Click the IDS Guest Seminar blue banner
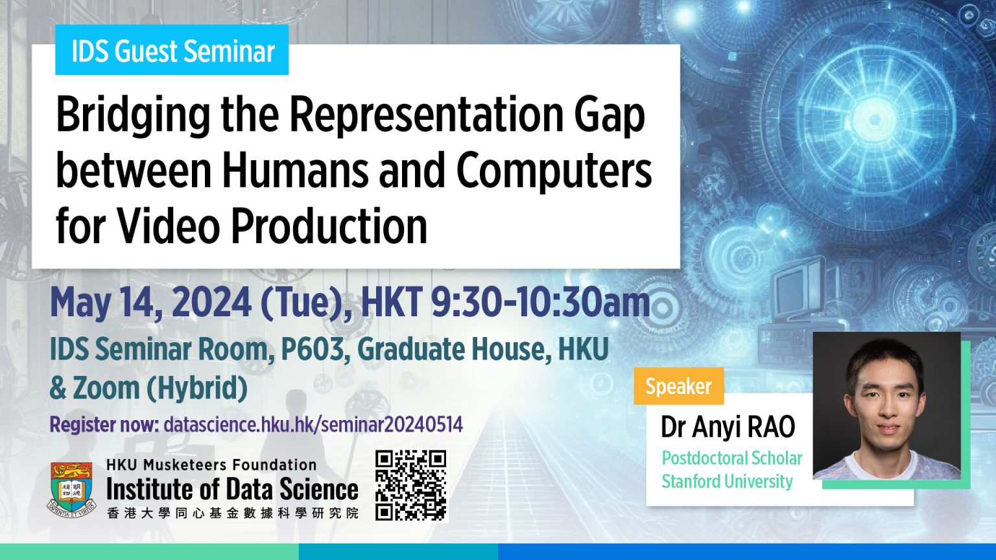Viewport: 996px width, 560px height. click(x=172, y=51)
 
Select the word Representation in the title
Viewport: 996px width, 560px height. click(x=426, y=114)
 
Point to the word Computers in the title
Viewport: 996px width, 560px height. click(x=554, y=170)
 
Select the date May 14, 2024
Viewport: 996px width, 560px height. click(x=150, y=303)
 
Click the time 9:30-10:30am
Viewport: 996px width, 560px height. click(x=540, y=303)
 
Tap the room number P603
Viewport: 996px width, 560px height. click(x=312, y=349)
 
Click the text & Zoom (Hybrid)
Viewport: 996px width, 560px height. click(x=148, y=388)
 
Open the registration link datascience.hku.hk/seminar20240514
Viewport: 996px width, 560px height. click(x=313, y=425)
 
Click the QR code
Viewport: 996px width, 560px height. click(x=411, y=485)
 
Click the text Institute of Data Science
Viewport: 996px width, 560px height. click(x=231, y=489)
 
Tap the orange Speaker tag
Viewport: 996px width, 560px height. click(x=678, y=386)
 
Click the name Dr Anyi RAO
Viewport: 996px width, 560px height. click(x=728, y=427)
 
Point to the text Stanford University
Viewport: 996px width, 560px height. click(x=727, y=482)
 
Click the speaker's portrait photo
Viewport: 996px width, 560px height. click(x=886, y=406)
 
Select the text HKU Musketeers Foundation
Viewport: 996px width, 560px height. click(x=211, y=465)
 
